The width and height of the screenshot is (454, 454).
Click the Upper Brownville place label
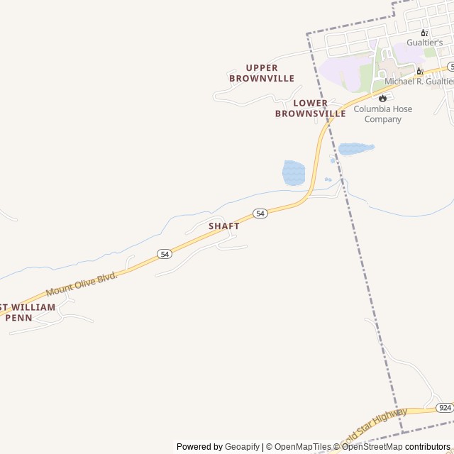click(x=262, y=73)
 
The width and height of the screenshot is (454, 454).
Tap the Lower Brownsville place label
click(x=311, y=109)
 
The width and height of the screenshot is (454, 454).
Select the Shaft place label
click(x=224, y=226)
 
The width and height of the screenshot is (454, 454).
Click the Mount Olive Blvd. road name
click(x=81, y=282)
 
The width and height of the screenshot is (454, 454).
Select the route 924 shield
click(x=445, y=407)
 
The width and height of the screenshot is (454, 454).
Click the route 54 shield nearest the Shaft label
click(x=260, y=214)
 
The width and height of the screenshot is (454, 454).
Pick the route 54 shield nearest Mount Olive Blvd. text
click(x=165, y=253)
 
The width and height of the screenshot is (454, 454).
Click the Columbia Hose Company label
click(x=383, y=114)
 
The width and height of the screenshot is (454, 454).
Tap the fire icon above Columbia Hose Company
click(x=383, y=98)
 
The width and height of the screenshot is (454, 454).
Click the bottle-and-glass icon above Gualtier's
click(x=424, y=32)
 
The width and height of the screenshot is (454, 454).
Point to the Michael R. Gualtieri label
click(x=419, y=82)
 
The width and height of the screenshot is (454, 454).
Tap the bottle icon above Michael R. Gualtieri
click(x=420, y=71)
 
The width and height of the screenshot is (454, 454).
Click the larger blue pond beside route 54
click(x=294, y=172)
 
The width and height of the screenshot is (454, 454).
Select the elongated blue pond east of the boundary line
click(x=355, y=149)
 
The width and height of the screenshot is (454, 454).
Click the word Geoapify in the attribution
click(x=242, y=447)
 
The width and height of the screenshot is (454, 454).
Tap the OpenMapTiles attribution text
click(x=302, y=447)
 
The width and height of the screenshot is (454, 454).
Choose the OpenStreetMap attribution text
click(x=372, y=447)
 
